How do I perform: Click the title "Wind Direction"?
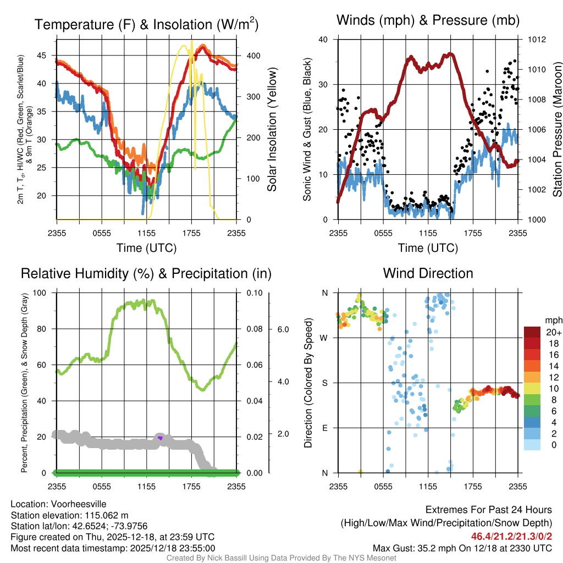point(428,273)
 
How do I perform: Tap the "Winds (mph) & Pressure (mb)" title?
point(428,21)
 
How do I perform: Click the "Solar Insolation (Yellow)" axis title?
point(272,130)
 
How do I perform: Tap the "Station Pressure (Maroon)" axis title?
point(556,130)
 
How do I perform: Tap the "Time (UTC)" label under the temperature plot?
point(146,248)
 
